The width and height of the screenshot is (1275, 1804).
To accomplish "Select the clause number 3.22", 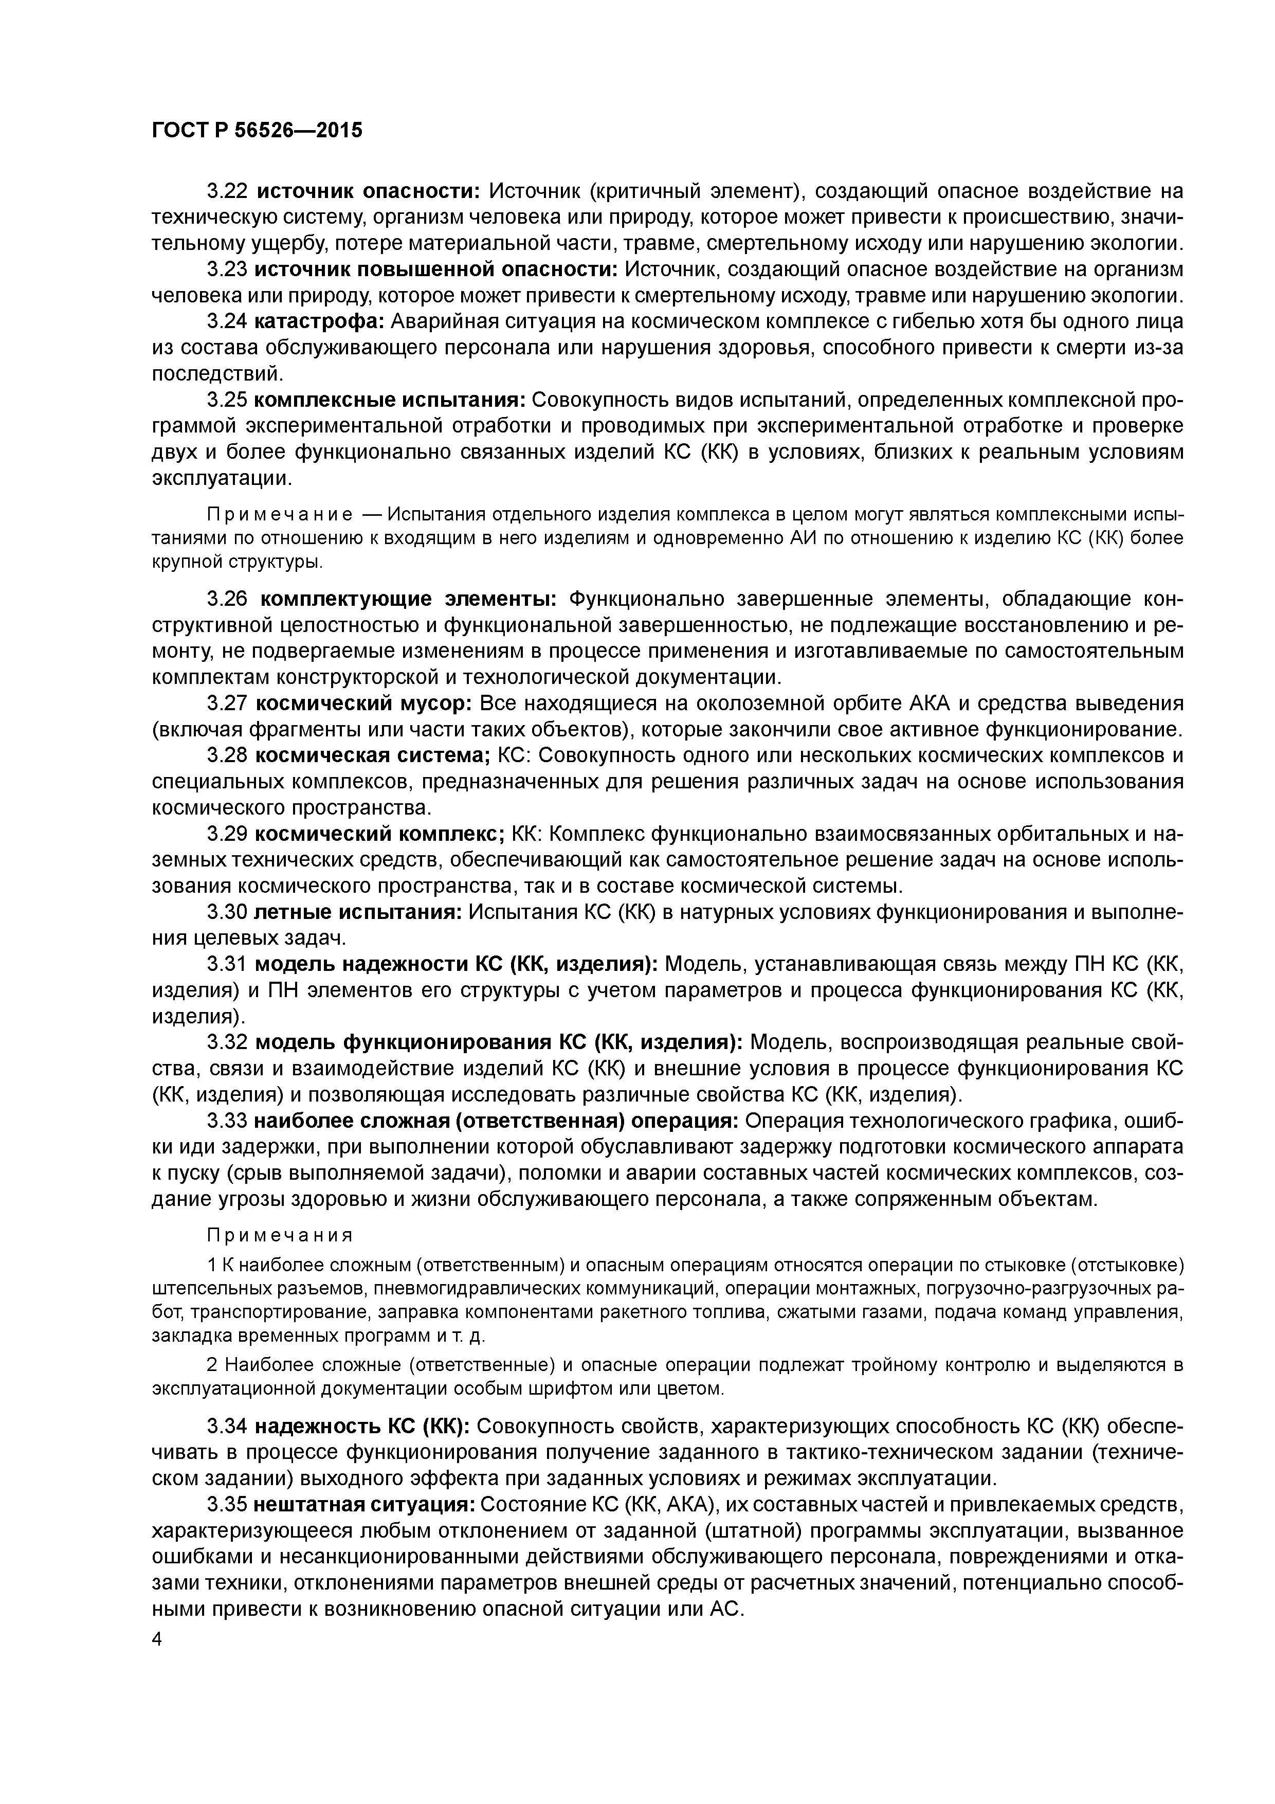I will coord(227,191).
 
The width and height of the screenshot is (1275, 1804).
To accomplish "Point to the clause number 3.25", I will coord(227,400).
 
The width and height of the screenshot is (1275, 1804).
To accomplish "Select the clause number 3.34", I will coord(227,1426).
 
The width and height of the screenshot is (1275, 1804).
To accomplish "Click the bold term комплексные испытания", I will coord(390,400).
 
